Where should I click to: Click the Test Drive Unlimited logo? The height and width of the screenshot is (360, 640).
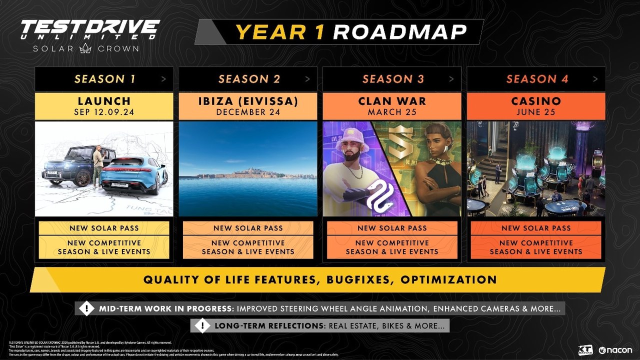[x=90, y=35]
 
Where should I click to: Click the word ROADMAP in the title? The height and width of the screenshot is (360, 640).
[x=399, y=32]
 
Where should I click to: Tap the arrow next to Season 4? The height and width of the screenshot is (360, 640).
[x=595, y=79]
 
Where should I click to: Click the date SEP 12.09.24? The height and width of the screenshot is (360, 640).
[x=104, y=112]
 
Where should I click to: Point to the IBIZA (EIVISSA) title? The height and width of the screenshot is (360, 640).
[x=248, y=101]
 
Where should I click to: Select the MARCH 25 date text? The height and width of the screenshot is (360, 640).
[x=392, y=112]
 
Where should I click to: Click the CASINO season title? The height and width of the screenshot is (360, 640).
[x=536, y=101]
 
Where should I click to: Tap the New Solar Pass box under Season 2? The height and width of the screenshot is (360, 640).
[x=248, y=228]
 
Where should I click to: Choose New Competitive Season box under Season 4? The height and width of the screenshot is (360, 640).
[x=536, y=247]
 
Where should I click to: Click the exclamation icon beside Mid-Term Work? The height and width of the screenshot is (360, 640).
[x=86, y=308]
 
